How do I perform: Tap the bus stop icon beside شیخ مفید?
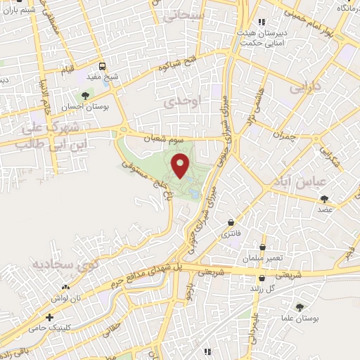103,67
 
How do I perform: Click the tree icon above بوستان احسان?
86,96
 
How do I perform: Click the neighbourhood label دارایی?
305,89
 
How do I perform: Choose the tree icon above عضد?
324,200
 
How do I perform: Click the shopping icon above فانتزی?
231,223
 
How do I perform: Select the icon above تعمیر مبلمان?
263,247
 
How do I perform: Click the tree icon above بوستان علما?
300,307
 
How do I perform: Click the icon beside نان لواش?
65,287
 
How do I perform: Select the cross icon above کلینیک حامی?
49,317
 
